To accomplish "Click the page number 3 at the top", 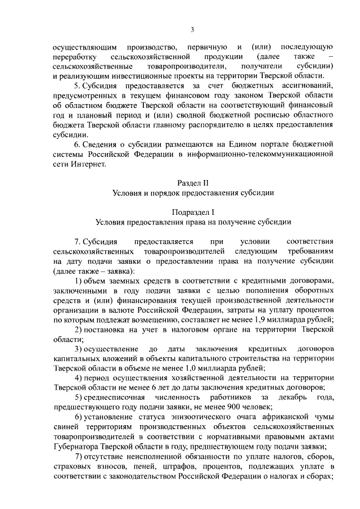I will coord(192,30).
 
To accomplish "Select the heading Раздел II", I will coord(192,183).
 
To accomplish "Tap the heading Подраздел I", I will coord(192,211).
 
